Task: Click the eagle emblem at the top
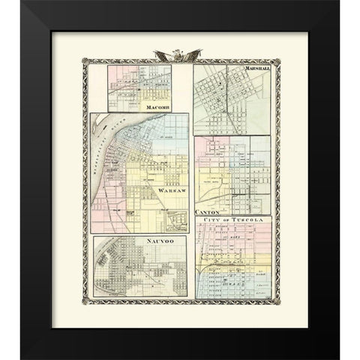tap(180, 55)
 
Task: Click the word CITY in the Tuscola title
tap(206, 218)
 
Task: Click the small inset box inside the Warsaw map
tap(176, 220)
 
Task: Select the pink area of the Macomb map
tap(120, 75)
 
